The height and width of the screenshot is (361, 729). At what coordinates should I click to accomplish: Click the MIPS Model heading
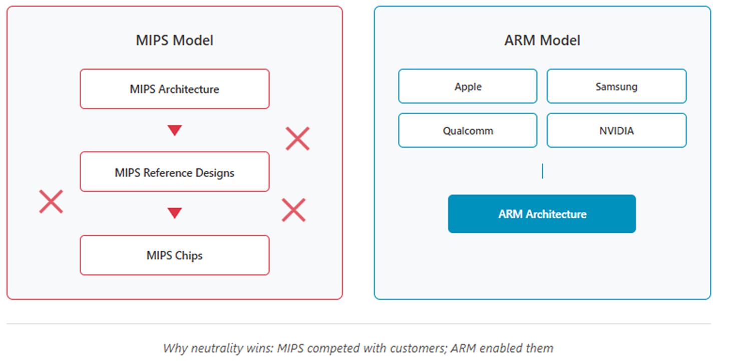[174, 40]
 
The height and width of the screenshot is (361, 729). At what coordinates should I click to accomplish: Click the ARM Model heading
[542, 40]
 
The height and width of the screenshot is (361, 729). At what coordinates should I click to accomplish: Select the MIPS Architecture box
[174, 89]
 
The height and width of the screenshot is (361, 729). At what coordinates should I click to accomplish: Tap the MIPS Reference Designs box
[174, 172]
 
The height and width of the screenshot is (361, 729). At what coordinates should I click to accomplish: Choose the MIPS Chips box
[174, 255]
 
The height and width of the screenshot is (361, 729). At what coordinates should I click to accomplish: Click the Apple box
[468, 87]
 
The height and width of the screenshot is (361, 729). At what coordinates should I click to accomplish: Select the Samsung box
[616, 87]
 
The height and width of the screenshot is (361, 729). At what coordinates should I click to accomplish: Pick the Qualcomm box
[468, 131]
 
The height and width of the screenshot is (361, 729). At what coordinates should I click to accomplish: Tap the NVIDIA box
[616, 131]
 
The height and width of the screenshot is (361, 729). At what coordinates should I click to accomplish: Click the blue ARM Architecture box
[542, 214]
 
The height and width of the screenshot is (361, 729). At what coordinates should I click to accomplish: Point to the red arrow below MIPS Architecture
[174, 131]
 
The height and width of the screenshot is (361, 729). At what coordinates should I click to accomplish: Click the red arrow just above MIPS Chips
[174, 213]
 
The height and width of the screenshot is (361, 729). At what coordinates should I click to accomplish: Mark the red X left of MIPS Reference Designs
[51, 202]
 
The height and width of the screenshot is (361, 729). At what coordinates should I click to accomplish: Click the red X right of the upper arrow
[297, 139]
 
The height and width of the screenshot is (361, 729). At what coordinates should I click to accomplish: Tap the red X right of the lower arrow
[293, 210]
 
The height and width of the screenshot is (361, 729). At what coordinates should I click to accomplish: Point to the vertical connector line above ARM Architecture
[542, 171]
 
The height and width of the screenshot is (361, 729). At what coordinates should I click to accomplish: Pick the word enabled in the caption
[498, 348]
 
